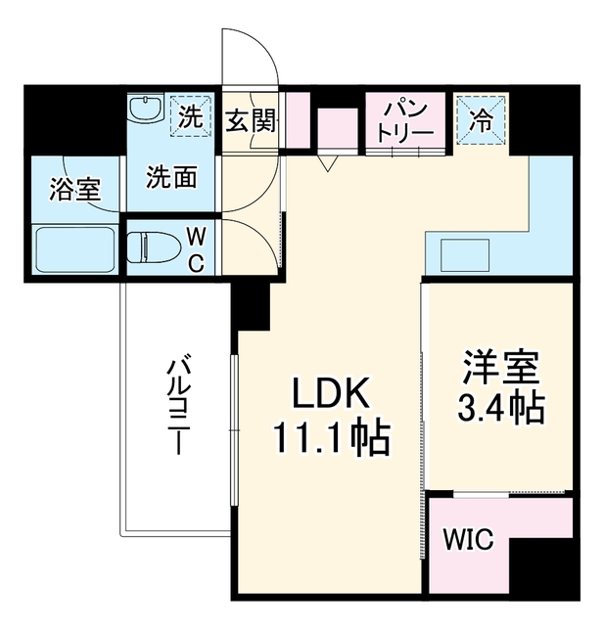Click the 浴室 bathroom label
[75, 189]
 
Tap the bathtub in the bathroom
[75, 250]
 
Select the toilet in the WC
[149, 247]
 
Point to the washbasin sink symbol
[146, 107]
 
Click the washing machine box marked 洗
[191, 116]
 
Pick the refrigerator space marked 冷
[481, 120]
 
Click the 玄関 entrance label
[251, 120]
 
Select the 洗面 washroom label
[171, 177]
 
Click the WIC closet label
[468, 539]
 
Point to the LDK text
[330, 392]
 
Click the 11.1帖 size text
[332, 437]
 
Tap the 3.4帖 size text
[501, 408]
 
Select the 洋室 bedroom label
[501, 368]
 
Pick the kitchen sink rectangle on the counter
[465, 255]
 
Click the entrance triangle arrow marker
[327, 163]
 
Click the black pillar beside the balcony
[251, 305]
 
